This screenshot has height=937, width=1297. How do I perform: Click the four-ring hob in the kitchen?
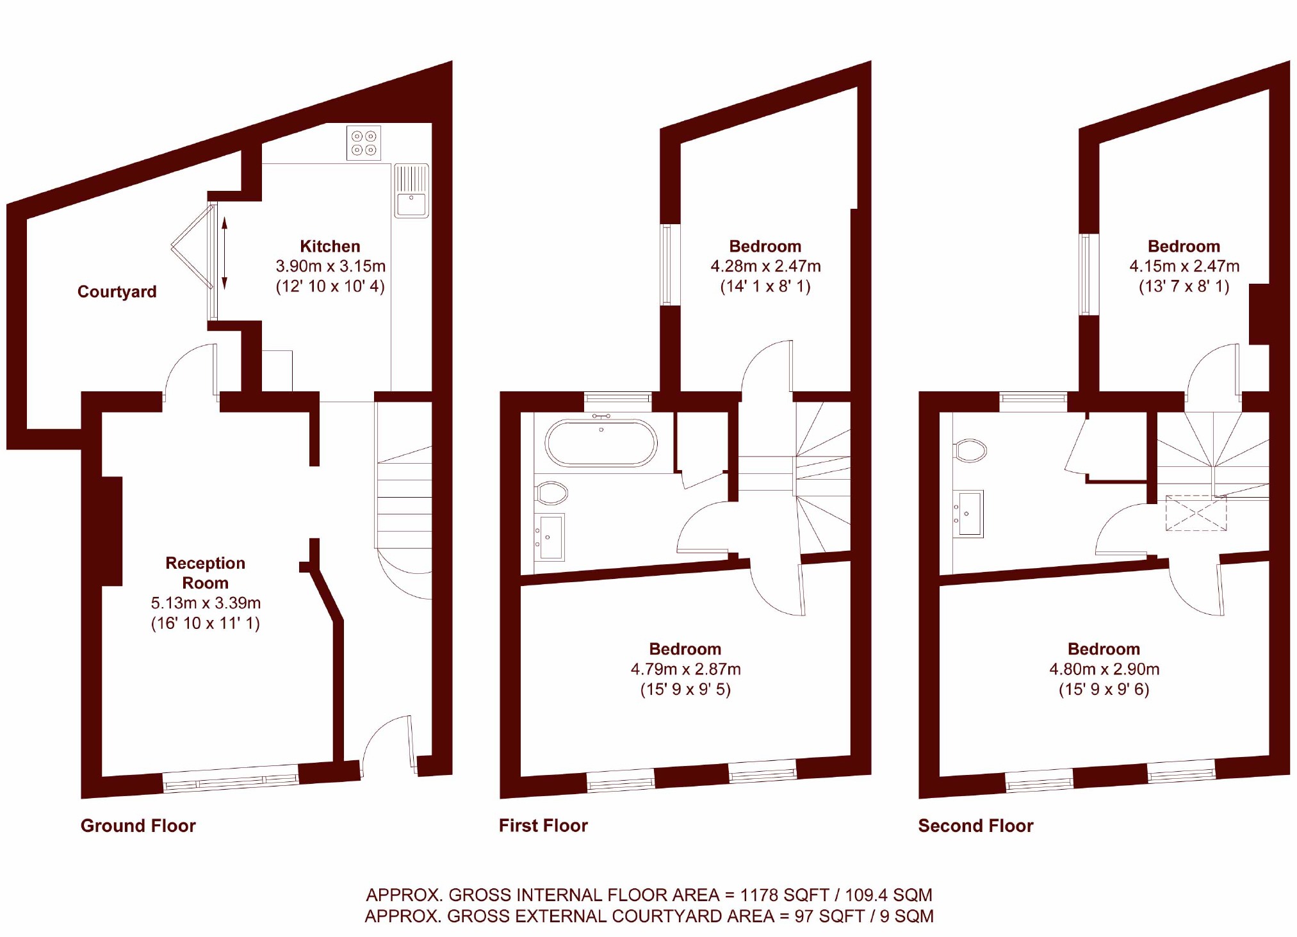click(x=364, y=142)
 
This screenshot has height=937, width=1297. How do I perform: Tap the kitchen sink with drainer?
click(x=411, y=191)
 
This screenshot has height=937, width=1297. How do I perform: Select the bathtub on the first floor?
click(x=601, y=443)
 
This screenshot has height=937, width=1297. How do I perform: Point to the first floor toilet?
click(x=551, y=493)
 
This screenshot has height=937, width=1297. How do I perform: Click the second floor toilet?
click(x=970, y=450)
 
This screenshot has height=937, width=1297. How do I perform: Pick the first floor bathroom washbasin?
click(x=550, y=537)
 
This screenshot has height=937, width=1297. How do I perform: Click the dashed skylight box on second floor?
click(x=1196, y=513)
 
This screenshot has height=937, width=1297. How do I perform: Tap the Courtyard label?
click(x=117, y=292)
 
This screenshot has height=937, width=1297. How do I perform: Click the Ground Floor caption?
click(x=138, y=826)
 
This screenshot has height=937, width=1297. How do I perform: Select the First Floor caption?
click(x=543, y=826)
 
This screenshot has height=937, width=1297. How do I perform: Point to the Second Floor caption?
click(x=975, y=826)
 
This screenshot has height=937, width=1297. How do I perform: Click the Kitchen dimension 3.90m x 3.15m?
click(x=330, y=266)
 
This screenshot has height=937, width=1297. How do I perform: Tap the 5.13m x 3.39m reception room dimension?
click(x=206, y=603)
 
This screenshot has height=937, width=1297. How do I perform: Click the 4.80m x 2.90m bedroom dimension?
click(x=1104, y=669)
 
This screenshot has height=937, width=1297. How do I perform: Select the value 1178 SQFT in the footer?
click(x=785, y=895)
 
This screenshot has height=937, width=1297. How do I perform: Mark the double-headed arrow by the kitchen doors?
click(x=225, y=254)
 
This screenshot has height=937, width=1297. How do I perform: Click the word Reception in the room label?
click(x=206, y=563)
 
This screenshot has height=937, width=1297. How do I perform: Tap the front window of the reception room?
click(x=231, y=779)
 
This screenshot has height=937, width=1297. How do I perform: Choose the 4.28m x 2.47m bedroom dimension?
click(x=765, y=266)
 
